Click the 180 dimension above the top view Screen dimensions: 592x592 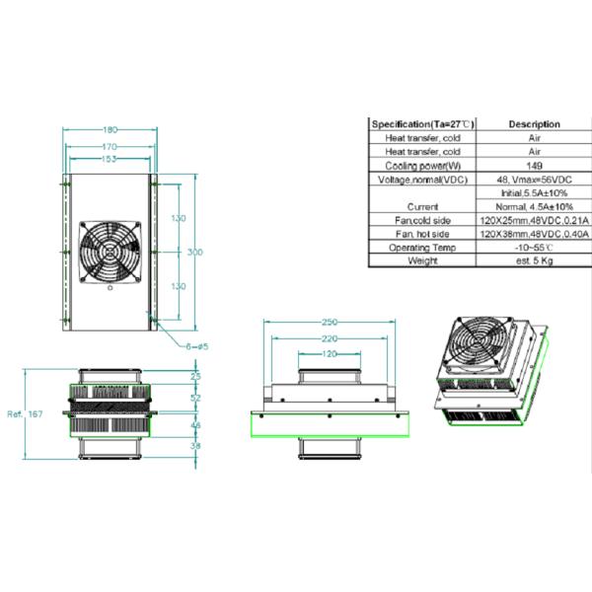[x=110, y=129]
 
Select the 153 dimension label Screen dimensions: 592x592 [x=110, y=159]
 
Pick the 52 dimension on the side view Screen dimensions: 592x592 [x=194, y=399]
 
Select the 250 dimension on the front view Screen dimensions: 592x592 [x=329, y=323]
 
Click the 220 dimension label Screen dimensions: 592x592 [x=329, y=338]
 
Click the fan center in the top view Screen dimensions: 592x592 [x=111, y=254]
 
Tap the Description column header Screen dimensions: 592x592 [x=534, y=124]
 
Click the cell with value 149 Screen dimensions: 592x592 [x=534, y=166]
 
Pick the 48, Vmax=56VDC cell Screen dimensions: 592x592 [x=534, y=180]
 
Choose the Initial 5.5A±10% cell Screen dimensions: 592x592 [x=534, y=193]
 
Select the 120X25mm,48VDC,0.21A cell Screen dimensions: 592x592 [x=534, y=221]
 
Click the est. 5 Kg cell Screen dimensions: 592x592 [x=534, y=261]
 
